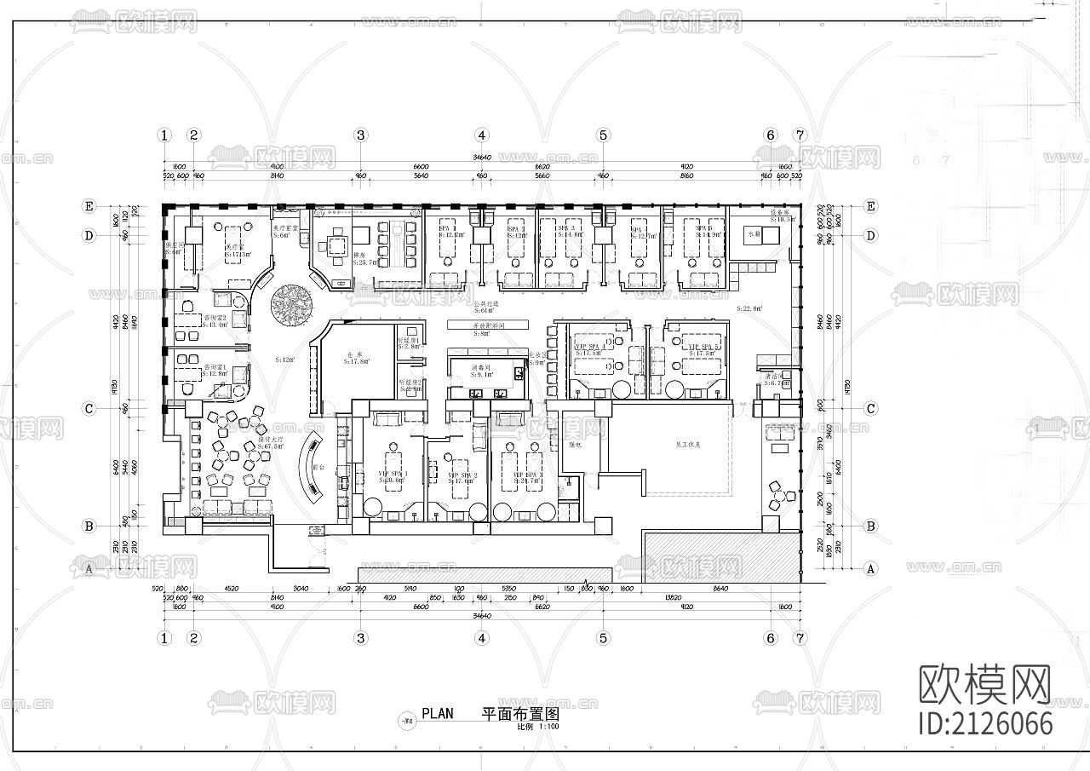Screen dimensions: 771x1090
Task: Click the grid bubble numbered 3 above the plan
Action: [x=361, y=135]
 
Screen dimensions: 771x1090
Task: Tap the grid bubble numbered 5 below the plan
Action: [x=603, y=637]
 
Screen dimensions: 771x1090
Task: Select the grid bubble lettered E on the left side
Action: [x=88, y=206]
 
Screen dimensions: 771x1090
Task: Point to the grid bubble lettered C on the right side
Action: [x=870, y=408]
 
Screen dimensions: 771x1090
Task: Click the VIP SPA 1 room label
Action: [x=393, y=476]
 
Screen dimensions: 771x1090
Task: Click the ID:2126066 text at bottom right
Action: [x=986, y=723]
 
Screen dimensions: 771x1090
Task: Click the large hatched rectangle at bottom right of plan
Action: [x=721, y=557]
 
